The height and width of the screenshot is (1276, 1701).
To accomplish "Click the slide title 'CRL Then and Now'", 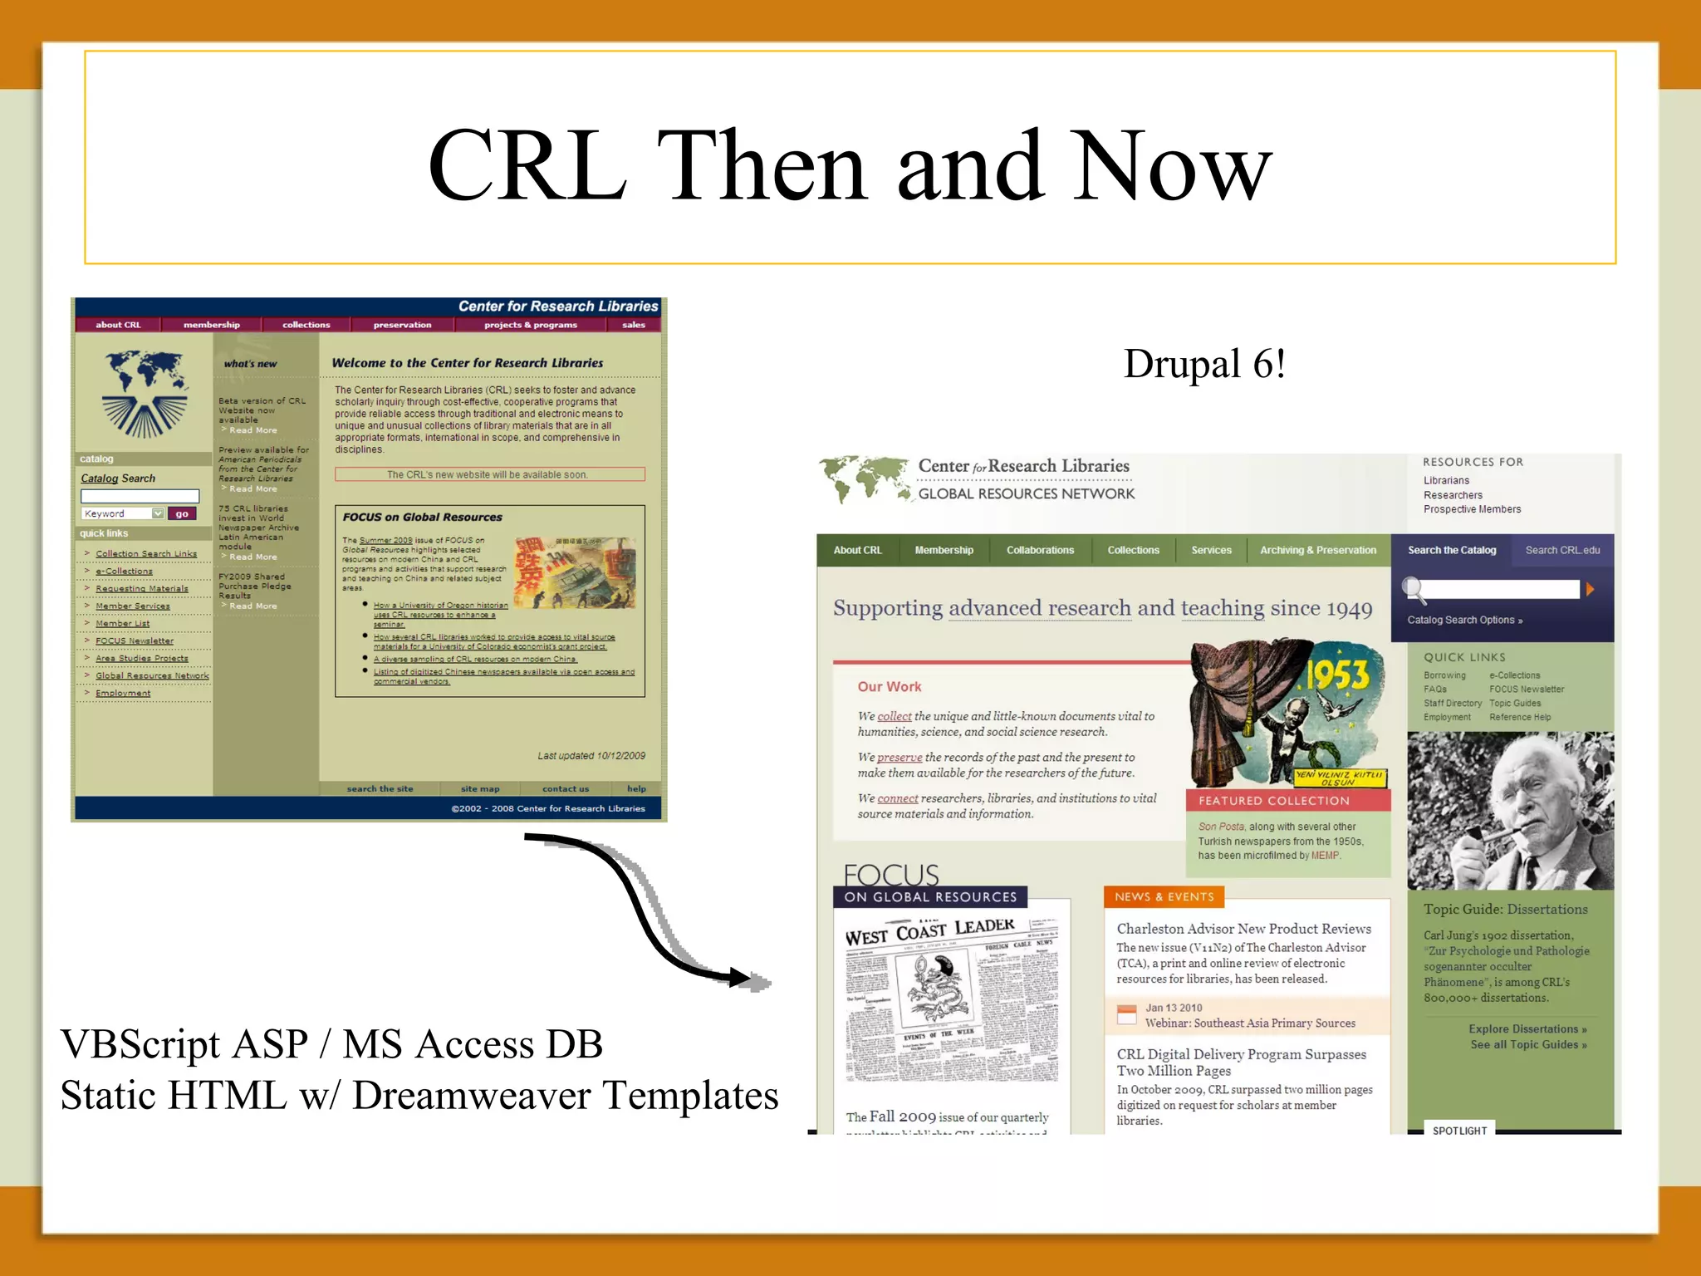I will [849, 166].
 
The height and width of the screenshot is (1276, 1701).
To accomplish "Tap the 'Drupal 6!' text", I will [1204, 364].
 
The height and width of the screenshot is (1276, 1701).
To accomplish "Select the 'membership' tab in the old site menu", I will [211, 325].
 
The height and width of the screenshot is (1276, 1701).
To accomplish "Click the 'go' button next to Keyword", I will [182, 514].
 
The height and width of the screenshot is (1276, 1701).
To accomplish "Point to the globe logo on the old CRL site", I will [145, 392].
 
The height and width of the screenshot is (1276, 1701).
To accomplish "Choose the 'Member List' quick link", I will [122, 624].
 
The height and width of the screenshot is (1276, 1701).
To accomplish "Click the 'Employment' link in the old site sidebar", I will [123, 694].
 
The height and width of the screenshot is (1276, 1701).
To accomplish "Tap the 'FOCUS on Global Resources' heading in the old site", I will [422, 517].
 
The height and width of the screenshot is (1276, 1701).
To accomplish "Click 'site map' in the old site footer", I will [480, 789].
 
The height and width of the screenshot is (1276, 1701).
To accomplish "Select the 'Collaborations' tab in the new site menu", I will [1040, 550].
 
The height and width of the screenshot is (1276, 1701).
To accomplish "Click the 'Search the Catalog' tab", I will [1452, 550].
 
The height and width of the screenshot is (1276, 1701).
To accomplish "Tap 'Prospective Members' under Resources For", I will [1472, 509].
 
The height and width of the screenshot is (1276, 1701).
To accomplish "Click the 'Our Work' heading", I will [890, 687].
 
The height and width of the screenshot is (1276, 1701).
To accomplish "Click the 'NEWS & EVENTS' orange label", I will [1164, 897].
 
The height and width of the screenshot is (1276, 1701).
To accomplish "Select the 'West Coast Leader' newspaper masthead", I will [929, 933].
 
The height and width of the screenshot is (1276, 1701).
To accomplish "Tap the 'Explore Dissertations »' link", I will [1527, 1029].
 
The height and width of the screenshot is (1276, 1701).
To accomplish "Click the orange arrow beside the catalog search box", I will [1590, 589].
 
